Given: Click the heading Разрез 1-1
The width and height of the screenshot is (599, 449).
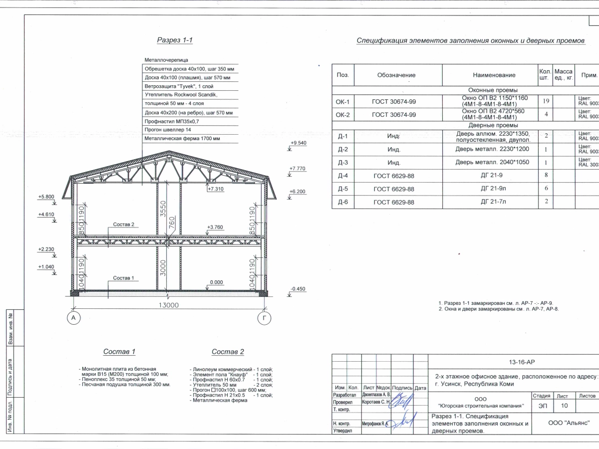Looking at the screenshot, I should tap(174, 40).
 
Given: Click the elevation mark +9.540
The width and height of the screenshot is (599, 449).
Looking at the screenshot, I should tap(298, 143).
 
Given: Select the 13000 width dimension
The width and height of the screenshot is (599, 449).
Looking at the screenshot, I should tap(168, 305).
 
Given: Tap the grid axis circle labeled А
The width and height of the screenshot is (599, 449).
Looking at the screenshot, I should tap(73, 318).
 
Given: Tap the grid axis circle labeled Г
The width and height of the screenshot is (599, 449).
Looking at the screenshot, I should tap(264, 318).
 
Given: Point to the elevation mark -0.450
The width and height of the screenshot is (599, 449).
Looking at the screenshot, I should tap(298, 289).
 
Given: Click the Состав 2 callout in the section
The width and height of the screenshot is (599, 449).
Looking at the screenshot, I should tap(124, 224).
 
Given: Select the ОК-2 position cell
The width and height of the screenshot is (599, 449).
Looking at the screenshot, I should tap(343, 114).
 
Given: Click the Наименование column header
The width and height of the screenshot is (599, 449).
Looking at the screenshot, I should tap(494, 75).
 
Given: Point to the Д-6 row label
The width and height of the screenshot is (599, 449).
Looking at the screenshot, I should tap(343, 202).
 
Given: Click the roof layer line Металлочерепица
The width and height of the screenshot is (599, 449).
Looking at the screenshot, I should tap(163, 59).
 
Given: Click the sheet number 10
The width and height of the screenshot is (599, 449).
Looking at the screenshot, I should tap(565, 406).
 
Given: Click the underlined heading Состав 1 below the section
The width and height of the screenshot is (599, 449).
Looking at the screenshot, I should tap(119, 352).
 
